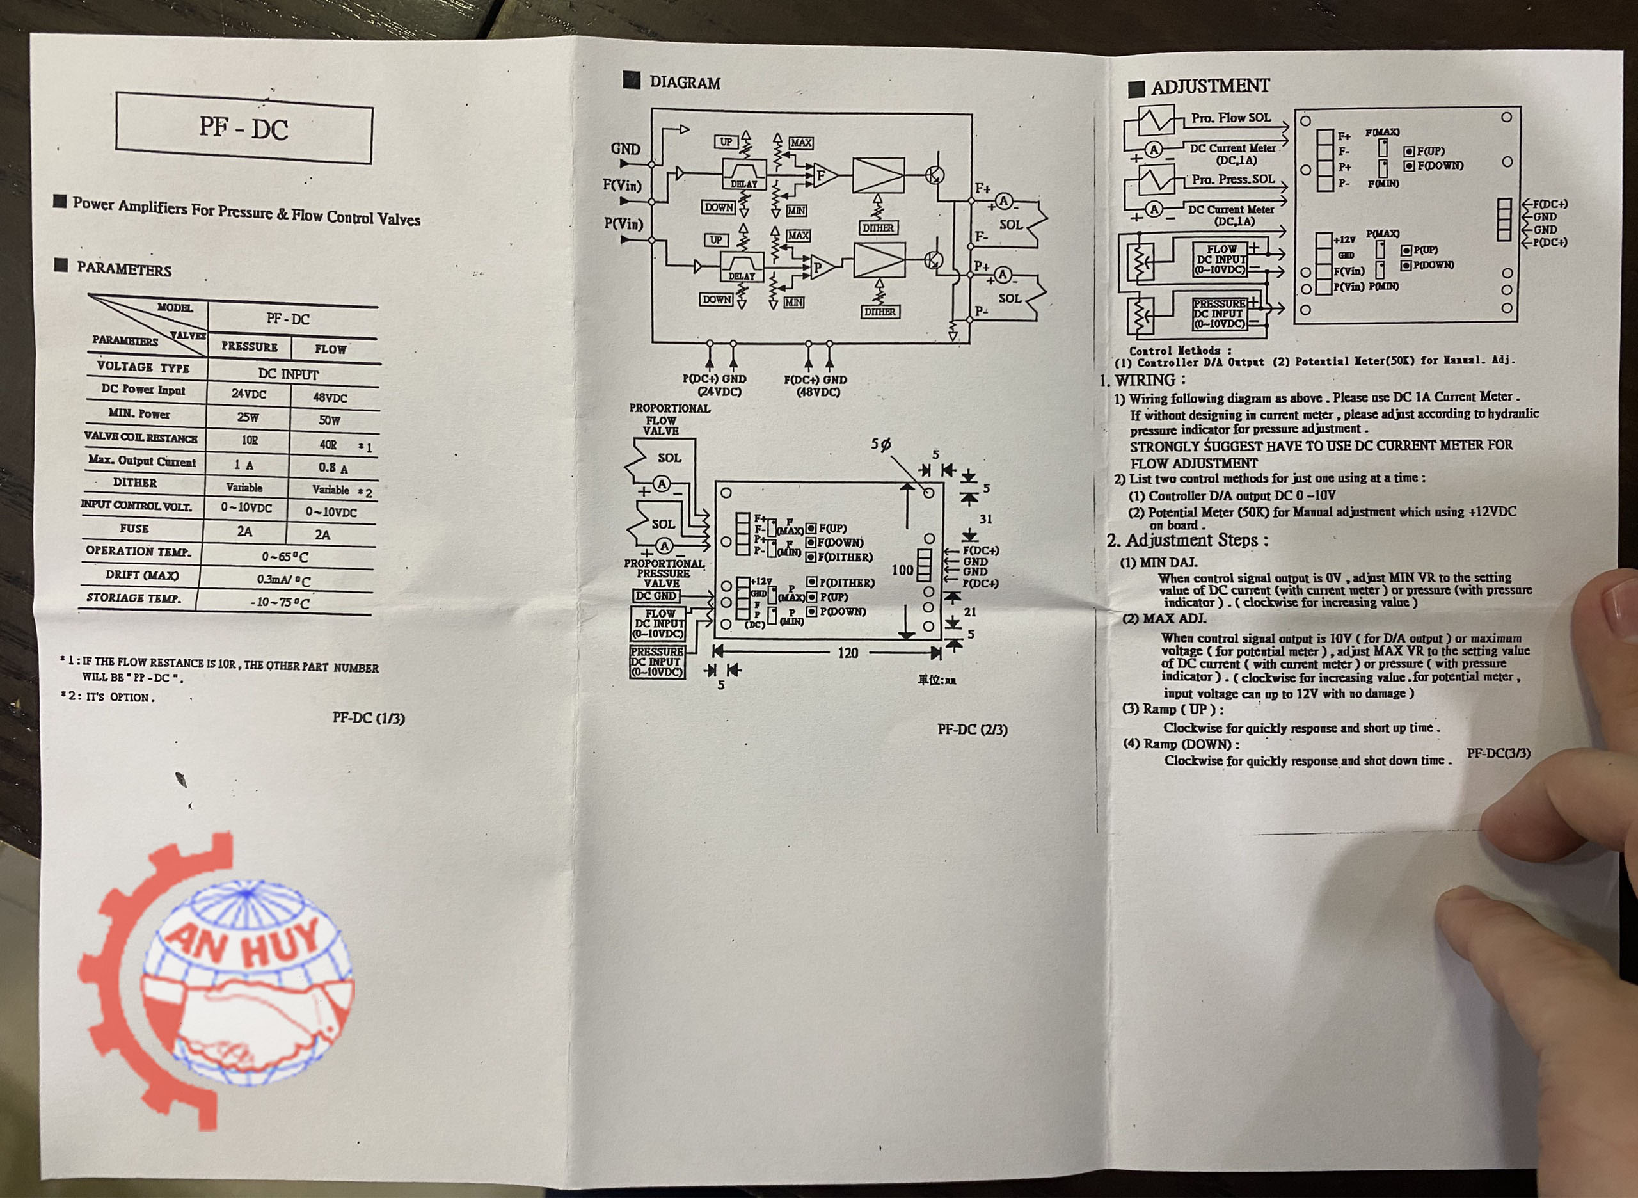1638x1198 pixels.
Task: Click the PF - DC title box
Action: [x=244, y=127]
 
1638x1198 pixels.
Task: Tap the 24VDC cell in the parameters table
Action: [x=249, y=394]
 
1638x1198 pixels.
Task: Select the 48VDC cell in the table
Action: [x=330, y=398]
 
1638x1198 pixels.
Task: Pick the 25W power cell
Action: [x=248, y=418]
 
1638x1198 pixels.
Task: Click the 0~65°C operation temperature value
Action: [x=285, y=557]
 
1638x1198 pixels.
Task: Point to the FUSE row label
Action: [x=134, y=529]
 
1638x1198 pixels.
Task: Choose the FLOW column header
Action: [x=331, y=349]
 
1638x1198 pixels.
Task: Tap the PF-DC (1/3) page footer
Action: [x=369, y=718]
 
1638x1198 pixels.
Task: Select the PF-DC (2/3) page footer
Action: [x=972, y=730]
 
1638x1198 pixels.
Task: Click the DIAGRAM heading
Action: [x=685, y=83]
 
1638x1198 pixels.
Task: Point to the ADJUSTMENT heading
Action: [x=1209, y=86]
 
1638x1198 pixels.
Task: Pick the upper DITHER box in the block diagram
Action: [x=878, y=228]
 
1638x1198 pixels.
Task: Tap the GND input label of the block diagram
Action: [x=625, y=149]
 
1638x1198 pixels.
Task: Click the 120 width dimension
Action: [x=848, y=653]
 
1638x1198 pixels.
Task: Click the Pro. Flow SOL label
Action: [x=1231, y=118]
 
